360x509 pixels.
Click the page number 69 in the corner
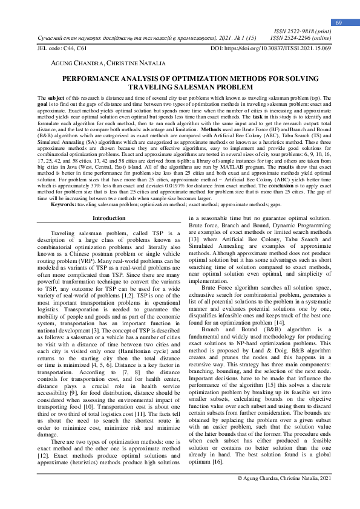tap(339, 22)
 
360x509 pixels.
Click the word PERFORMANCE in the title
tap(108, 79)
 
